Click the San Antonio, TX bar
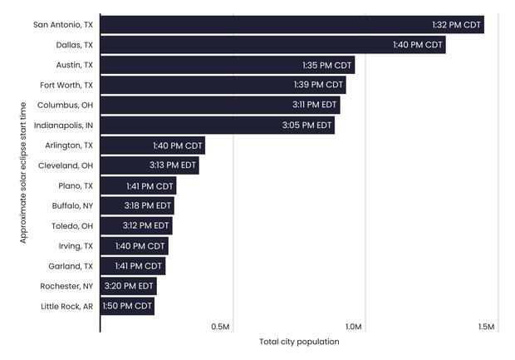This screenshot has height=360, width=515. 291,25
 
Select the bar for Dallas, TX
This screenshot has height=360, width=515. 272,45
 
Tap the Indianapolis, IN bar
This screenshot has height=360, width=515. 217,126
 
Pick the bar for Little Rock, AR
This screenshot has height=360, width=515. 127,306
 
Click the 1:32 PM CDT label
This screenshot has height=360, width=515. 456,25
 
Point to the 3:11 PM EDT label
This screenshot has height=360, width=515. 315,106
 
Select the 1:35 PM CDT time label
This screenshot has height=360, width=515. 328,65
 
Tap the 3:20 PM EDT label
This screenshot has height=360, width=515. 129,286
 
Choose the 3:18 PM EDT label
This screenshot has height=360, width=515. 148,205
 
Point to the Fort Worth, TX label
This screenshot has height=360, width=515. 66,85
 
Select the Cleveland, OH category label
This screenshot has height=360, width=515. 66,165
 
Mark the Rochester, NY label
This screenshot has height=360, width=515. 66,286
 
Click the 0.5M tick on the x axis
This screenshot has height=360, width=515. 221,327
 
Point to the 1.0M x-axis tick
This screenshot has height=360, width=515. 353,327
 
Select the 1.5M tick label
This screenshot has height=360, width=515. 486,327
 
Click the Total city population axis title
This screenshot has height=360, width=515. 299,342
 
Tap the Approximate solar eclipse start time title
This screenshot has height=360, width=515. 23,172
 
